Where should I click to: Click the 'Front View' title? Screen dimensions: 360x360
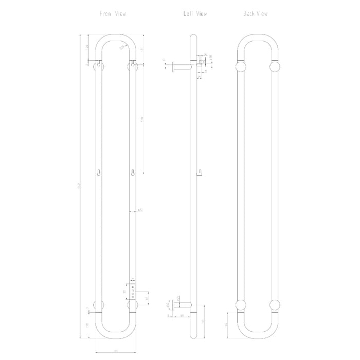click(x=113, y=14)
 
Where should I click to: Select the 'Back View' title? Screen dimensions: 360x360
click(x=255, y=14)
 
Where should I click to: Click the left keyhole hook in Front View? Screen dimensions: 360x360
click(x=99, y=173)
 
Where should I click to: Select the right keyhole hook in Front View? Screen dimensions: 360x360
click(x=133, y=173)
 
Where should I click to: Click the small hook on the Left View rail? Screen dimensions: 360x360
click(x=199, y=174)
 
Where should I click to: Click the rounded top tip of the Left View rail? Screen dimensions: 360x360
click(x=193, y=37)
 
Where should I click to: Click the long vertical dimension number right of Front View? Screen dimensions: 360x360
click(x=142, y=119)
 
